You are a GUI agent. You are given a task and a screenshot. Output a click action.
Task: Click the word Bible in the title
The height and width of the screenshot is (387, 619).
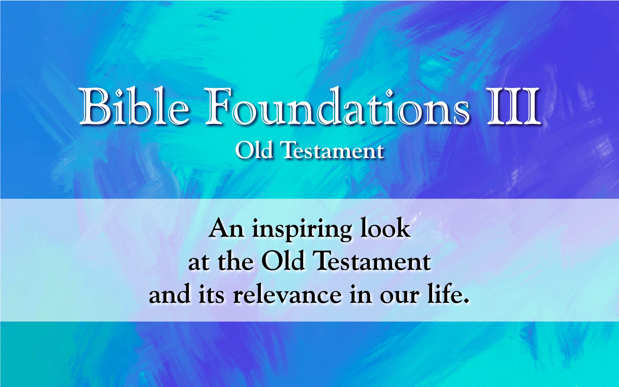pyautogui.click(x=135, y=106)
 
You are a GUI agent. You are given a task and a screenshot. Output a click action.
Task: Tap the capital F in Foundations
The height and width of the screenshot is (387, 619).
pyautogui.click(x=220, y=107)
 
